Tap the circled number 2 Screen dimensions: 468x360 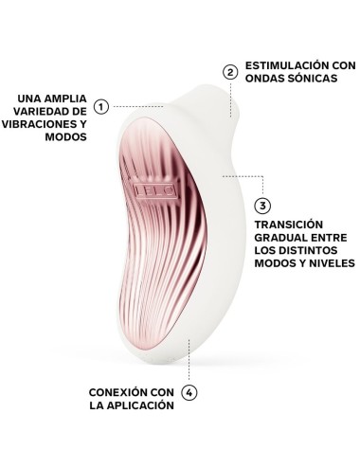(228, 71)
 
